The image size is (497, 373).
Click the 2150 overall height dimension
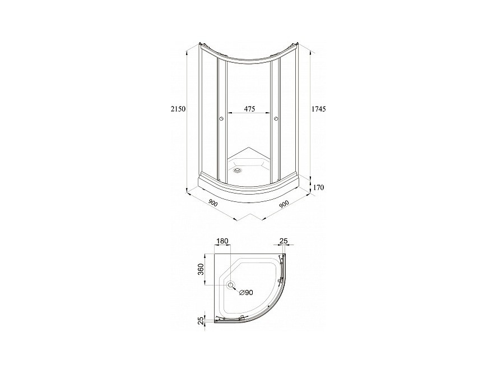pos(178,109)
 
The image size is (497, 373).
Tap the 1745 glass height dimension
pos(319,109)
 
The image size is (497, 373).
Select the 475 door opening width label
pos(249,109)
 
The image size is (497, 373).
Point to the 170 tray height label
pos(318,187)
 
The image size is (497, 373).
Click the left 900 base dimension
pos(213,203)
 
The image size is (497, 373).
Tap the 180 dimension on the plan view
pos(222,241)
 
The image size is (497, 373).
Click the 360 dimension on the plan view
pos(201,269)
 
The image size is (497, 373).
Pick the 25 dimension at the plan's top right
pos(284,241)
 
